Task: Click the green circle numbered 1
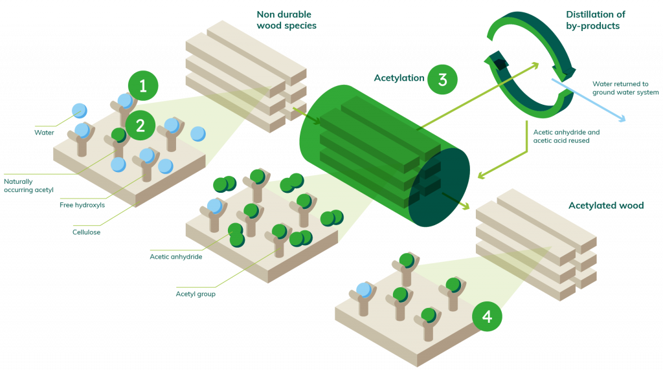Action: pos(143,86)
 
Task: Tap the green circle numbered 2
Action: pos(140,125)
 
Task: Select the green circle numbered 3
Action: pos(442,80)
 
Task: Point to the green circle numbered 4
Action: pos(487,316)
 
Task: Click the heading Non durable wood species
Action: pos(287,20)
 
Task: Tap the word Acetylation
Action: pos(399,78)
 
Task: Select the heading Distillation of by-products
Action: pos(596,20)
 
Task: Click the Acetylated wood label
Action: pos(606,206)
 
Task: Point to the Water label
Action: pos(44,133)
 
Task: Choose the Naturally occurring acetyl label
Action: pos(28,186)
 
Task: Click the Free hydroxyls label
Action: pos(82,205)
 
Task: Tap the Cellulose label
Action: pos(86,232)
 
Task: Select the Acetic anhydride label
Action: pos(176,256)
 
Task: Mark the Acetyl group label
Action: pos(196,294)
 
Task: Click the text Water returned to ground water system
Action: pos(625,88)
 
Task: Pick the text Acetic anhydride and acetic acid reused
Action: pos(566,136)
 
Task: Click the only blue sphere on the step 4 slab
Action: pos(364,290)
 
